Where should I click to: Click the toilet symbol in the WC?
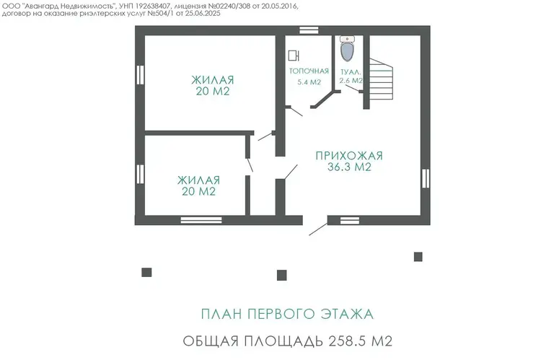(347, 48)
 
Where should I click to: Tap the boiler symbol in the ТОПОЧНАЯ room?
(294, 56)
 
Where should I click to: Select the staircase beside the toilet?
(382, 79)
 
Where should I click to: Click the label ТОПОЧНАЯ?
(309, 71)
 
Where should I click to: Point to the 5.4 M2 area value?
(309, 82)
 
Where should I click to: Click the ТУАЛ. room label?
(351, 72)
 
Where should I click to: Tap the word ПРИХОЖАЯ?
(349, 156)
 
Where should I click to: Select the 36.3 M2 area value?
(349, 167)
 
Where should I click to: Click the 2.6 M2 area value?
(351, 81)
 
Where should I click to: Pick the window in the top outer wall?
(309, 30)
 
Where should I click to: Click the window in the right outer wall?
(426, 178)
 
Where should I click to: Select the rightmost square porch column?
(418, 257)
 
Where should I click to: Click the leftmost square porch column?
(146, 272)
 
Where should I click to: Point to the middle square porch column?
(282, 275)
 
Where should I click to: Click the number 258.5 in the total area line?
(348, 341)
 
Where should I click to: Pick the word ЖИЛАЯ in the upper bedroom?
(213, 80)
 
